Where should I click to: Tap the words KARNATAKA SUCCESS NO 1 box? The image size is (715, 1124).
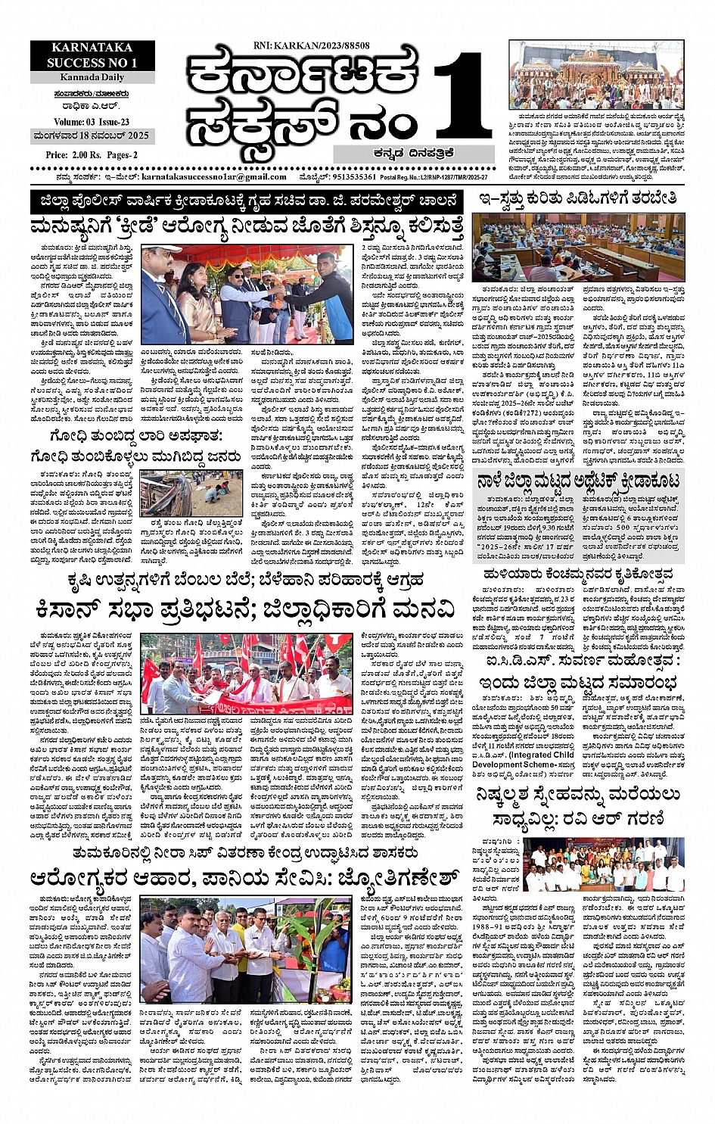pos(92,56)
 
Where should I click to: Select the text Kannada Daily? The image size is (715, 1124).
pos(92,77)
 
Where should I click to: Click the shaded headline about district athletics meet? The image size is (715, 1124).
pos(579,480)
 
